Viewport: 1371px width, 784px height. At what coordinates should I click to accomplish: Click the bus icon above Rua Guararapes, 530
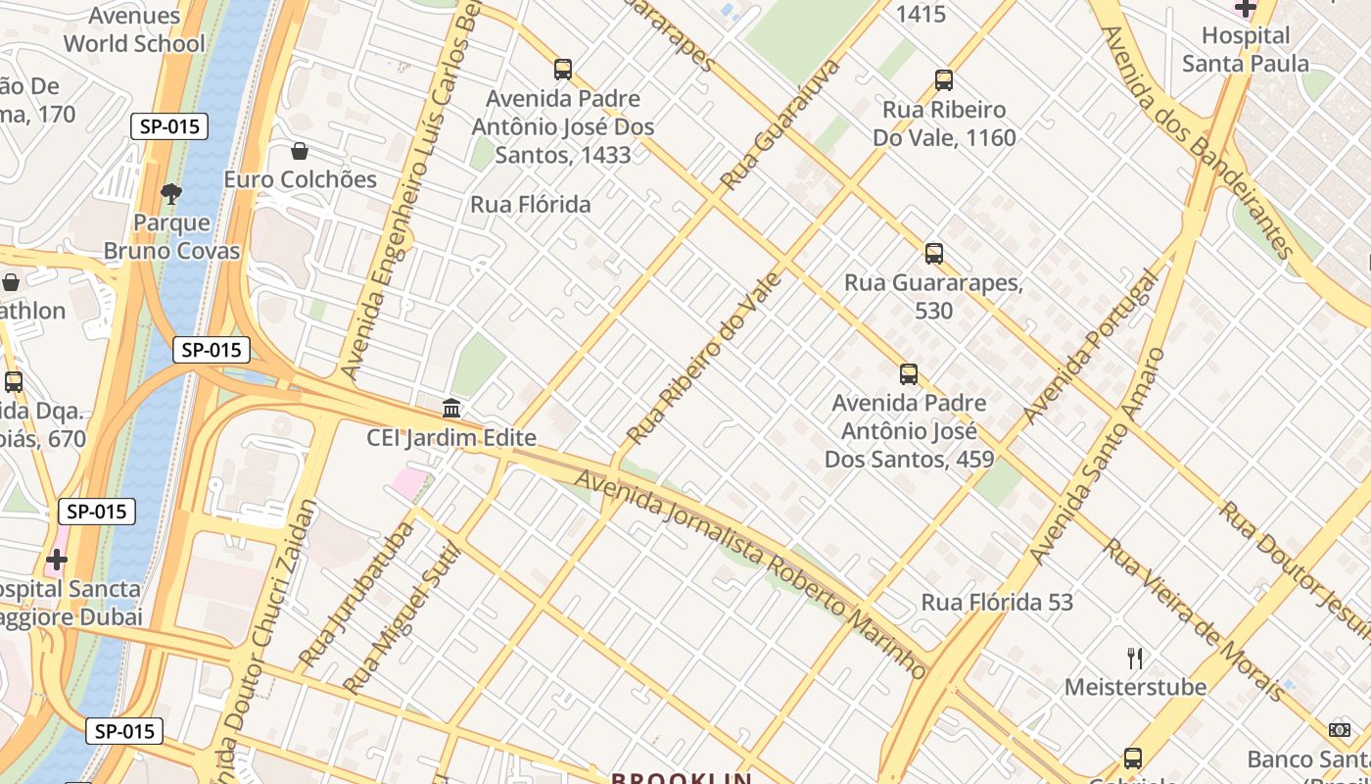[934, 254]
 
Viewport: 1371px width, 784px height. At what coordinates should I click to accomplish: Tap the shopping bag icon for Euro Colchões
[300, 151]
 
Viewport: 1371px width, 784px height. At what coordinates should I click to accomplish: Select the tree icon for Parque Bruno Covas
[171, 194]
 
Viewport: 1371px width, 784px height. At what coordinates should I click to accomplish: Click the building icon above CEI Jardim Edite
[451, 408]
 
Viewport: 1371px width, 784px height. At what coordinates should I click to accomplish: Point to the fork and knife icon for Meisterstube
[1135, 658]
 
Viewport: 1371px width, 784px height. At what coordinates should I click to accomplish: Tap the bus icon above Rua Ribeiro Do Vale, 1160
[943, 80]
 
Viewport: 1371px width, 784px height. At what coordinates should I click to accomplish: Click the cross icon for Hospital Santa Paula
[1245, 9]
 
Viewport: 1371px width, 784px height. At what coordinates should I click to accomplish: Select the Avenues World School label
[135, 29]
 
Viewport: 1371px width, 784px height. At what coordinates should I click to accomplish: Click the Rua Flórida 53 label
[997, 602]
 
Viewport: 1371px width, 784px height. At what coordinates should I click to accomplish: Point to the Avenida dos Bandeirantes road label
[1198, 142]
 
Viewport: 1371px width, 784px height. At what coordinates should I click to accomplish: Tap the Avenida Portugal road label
[1090, 347]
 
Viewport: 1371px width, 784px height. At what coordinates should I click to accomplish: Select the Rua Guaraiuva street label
[780, 124]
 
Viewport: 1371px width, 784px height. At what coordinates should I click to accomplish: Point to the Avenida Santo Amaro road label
[1098, 457]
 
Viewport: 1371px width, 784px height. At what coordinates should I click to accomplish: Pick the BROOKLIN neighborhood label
[681, 778]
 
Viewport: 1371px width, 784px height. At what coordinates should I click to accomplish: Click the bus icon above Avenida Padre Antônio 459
[909, 373]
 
